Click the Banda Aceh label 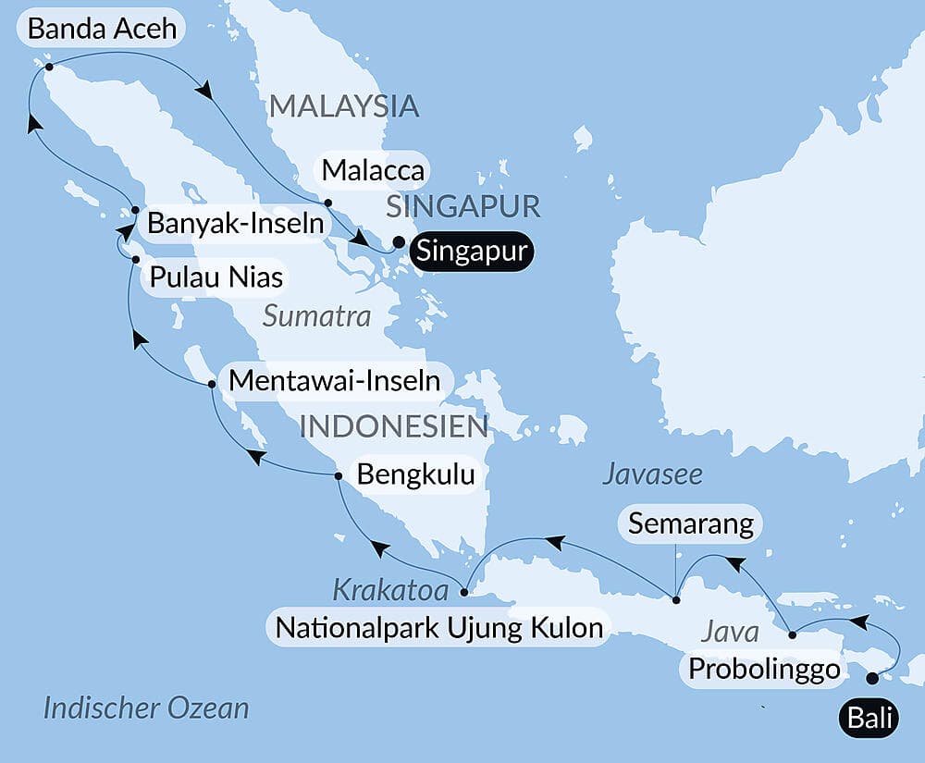102,29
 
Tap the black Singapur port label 471,252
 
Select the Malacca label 373,171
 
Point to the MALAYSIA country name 344,106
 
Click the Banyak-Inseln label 236,224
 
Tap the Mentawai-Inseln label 334,380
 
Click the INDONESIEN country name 394,426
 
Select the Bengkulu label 415,475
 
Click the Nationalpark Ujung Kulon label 439,629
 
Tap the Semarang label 690,524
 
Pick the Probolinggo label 763,669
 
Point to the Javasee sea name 652,474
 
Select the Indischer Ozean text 146,708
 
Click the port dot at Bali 871,679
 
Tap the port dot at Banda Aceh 48,67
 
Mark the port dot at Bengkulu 338,476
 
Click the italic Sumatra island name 316,317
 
